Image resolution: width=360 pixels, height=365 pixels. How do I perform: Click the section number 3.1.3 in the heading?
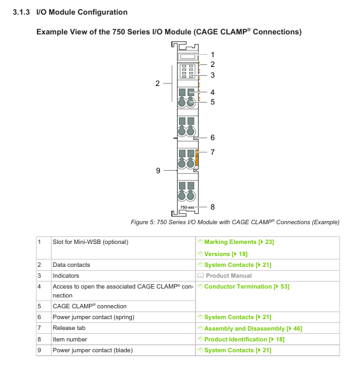click(x=21, y=12)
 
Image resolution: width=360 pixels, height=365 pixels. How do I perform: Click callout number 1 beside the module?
click(x=212, y=55)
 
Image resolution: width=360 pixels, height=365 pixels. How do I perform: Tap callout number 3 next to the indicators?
click(x=212, y=75)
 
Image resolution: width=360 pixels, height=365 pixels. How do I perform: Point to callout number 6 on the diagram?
click(x=212, y=138)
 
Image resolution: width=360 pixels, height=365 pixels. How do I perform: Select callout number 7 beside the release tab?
click(x=212, y=152)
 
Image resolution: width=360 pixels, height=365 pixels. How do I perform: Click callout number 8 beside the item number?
click(x=212, y=207)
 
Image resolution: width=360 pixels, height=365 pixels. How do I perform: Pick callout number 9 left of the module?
click(x=158, y=171)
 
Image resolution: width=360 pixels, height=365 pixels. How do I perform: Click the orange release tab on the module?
click(x=197, y=158)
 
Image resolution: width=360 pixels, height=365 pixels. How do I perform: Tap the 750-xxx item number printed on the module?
click(x=187, y=207)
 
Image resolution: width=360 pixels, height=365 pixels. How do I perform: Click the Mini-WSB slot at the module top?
click(x=188, y=57)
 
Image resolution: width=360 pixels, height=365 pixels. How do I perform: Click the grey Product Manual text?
click(x=229, y=276)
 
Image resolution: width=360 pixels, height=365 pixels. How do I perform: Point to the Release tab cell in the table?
click(x=69, y=328)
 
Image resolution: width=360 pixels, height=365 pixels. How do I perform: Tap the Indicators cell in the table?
click(x=66, y=276)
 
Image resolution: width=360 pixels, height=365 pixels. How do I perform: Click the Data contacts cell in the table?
click(x=71, y=265)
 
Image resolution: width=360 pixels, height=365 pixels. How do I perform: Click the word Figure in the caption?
click(x=140, y=222)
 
